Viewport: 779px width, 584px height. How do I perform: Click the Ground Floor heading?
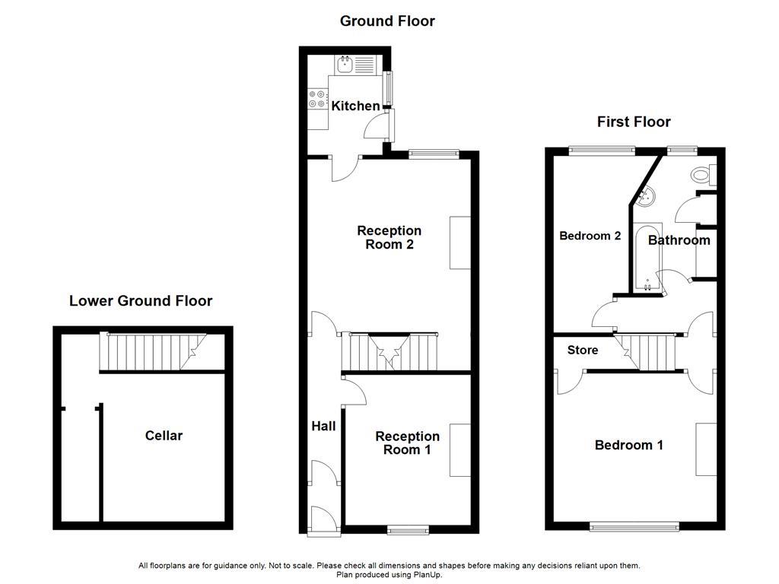coord(387,21)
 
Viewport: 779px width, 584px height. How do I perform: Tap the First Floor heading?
coord(634,122)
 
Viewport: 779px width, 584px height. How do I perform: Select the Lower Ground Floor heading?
coord(141,300)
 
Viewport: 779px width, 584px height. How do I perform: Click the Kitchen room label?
coord(355,106)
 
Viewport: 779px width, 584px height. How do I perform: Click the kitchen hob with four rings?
coord(317,99)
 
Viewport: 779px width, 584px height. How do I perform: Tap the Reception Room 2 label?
coord(389,237)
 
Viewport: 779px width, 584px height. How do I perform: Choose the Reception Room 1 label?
coord(407,443)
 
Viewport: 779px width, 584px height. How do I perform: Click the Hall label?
coord(323,427)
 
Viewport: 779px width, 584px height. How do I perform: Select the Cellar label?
coord(164,436)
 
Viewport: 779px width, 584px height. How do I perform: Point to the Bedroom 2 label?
coord(590,236)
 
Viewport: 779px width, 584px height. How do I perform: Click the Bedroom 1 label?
coord(629,445)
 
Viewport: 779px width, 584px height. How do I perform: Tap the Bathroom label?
coord(679,240)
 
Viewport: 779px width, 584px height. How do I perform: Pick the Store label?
coord(583,351)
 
